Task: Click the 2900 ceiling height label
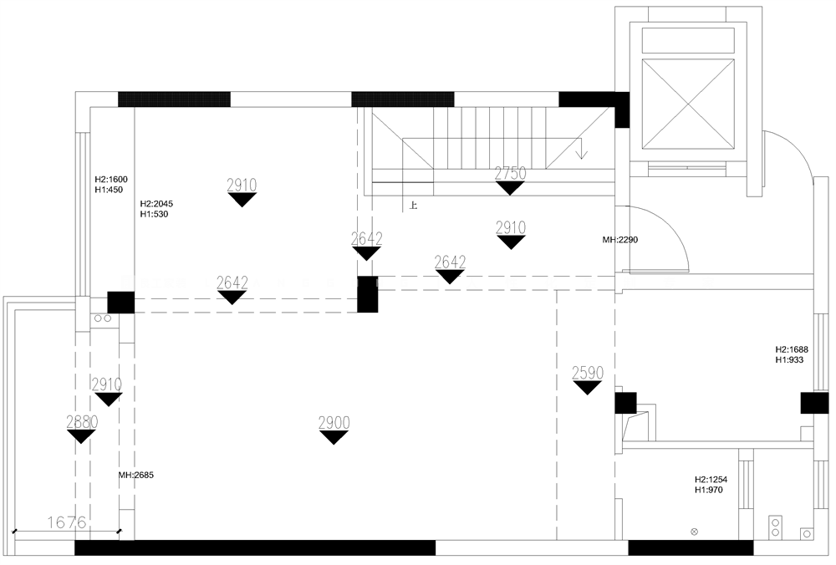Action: tap(334, 423)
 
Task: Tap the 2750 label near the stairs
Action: tap(510, 173)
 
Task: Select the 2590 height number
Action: tap(588, 373)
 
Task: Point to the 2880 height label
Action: tap(82, 421)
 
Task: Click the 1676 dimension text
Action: tap(67, 522)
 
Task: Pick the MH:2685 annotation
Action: tap(136, 475)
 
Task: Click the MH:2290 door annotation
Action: tap(620, 240)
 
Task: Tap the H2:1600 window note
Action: tap(111, 180)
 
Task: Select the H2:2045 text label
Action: tap(157, 204)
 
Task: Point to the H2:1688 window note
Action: tap(792, 349)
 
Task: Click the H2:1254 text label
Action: tap(711, 479)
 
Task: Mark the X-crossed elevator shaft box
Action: tap(688, 104)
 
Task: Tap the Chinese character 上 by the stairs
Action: tap(413, 206)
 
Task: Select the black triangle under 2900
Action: tap(334, 438)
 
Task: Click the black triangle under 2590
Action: tap(587, 388)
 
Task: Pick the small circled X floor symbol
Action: tap(694, 532)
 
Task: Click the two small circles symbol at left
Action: tap(103, 318)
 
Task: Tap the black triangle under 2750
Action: tap(510, 188)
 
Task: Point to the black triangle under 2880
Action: tap(82, 436)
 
